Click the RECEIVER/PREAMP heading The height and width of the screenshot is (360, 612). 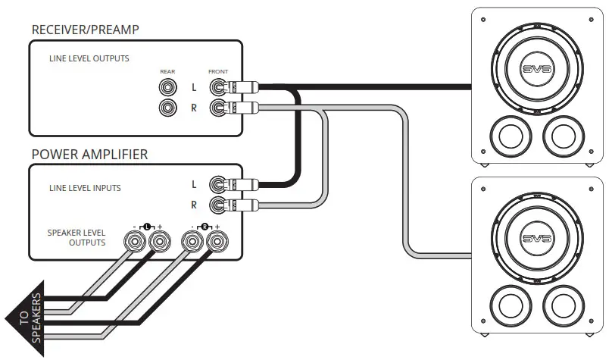click(x=85, y=30)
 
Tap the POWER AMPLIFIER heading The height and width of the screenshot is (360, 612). click(x=89, y=154)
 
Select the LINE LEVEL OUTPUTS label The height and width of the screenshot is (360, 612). click(x=89, y=58)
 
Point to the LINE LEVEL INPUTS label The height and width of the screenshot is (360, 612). click(x=85, y=188)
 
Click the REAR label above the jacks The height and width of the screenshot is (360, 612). click(x=167, y=71)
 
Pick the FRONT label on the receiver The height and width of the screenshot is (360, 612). click(x=218, y=71)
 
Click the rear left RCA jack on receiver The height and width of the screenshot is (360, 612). click(x=168, y=87)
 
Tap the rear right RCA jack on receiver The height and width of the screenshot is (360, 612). click(x=168, y=108)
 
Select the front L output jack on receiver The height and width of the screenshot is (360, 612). click(x=218, y=87)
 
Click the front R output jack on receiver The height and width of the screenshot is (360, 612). click(x=218, y=108)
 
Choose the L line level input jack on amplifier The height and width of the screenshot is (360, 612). click(x=218, y=184)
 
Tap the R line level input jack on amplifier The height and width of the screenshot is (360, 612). click(x=218, y=205)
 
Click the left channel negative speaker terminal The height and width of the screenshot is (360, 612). click(x=135, y=242)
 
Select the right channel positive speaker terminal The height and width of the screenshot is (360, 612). click(x=217, y=242)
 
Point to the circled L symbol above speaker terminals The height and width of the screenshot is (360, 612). click(x=147, y=227)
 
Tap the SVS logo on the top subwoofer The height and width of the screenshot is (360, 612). click(x=537, y=69)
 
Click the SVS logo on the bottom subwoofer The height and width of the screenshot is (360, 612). click(x=537, y=238)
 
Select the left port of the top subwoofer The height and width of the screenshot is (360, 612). click(x=511, y=136)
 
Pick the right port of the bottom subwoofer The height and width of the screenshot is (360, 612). click(x=564, y=305)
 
